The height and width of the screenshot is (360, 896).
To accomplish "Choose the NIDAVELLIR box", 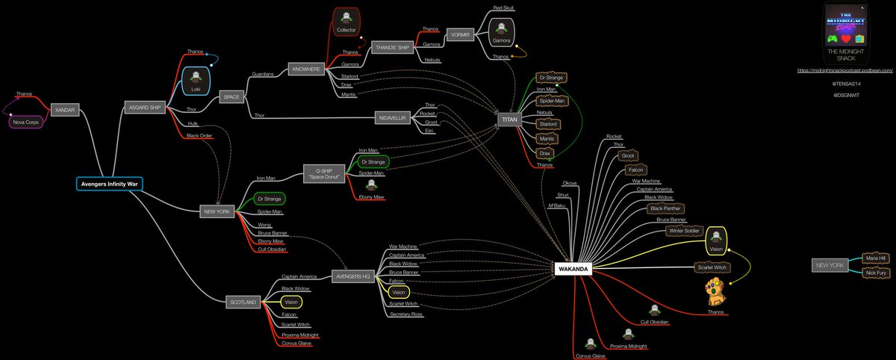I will (394, 118).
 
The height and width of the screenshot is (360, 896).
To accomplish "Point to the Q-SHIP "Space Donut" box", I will (323, 174).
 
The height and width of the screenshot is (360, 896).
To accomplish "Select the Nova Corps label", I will (25, 120).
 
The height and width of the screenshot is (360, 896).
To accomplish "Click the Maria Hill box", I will (875, 258).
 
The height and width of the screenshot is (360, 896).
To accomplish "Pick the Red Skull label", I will (503, 8).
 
